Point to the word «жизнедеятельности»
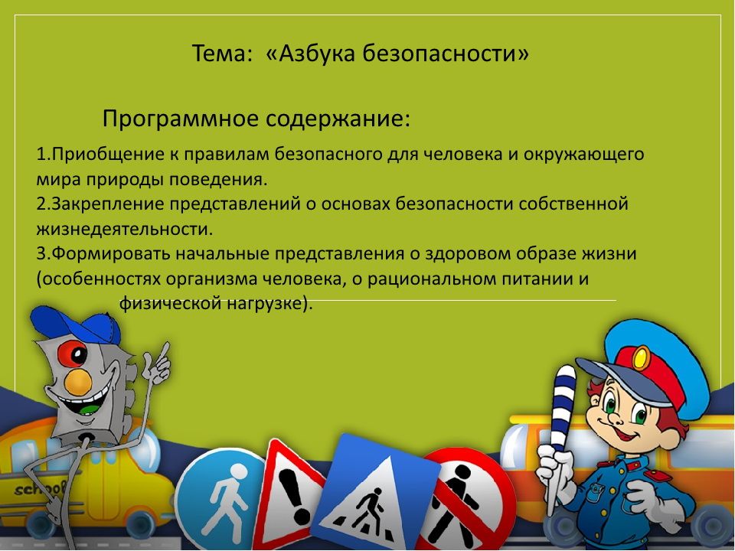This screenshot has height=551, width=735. click(x=123, y=229)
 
